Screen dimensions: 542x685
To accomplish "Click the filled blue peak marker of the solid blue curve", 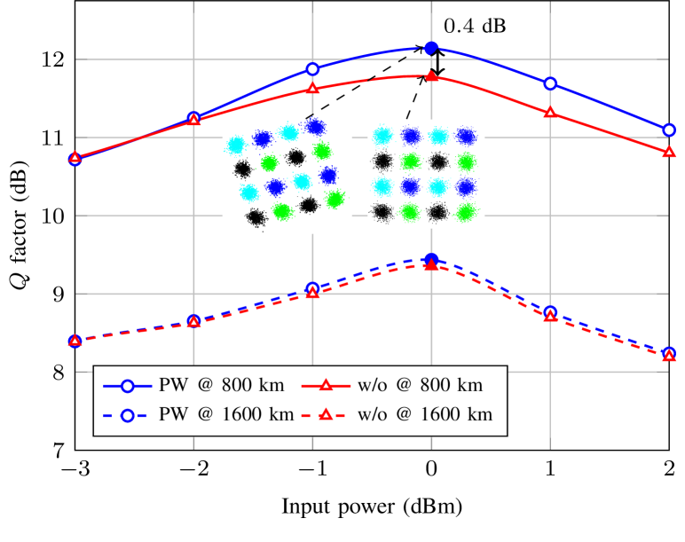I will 430,48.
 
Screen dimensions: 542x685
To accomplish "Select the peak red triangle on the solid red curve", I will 430,76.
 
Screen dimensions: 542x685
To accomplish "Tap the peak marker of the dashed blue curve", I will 430,260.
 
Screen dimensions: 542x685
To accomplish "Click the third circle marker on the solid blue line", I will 312,68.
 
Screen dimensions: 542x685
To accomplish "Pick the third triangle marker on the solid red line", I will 312,89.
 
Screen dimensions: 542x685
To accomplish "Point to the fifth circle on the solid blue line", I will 550,83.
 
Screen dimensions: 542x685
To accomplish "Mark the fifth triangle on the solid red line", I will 550,113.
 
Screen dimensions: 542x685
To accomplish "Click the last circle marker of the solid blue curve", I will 669,130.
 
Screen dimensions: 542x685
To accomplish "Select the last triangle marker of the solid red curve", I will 669,153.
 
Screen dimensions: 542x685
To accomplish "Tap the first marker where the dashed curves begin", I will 75,341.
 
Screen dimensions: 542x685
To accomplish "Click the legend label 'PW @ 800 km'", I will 222,386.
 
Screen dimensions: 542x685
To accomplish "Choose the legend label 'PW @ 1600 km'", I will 226,414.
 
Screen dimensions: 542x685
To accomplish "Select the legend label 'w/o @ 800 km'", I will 420,386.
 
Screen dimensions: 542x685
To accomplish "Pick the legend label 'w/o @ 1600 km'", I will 424,414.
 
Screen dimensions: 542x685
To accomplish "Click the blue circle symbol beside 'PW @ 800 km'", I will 127,386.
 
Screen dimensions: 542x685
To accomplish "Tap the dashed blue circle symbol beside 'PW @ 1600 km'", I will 127,414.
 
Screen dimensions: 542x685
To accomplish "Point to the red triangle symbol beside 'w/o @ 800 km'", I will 326,386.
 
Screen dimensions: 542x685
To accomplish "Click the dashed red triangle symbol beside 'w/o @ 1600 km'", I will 326,414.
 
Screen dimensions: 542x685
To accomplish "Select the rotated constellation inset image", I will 287,174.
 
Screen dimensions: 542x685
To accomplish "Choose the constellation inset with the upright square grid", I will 426,174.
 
